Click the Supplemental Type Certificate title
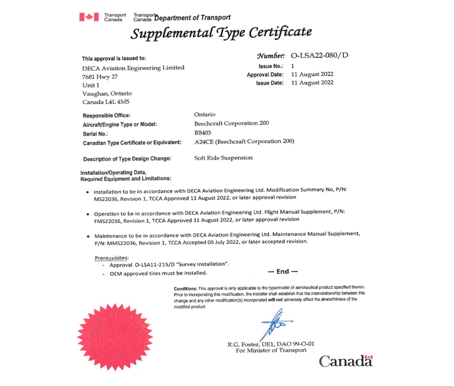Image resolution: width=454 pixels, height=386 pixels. point(221,32)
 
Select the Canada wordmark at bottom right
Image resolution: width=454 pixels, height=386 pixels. point(345,361)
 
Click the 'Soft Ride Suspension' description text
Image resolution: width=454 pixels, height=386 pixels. point(223,158)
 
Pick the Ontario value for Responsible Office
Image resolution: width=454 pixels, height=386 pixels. point(204,115)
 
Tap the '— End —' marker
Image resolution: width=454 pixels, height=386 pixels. point(282,271)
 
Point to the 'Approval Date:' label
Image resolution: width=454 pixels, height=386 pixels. point(265,75)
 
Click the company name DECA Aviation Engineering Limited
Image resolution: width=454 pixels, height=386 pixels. point(133,67)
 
